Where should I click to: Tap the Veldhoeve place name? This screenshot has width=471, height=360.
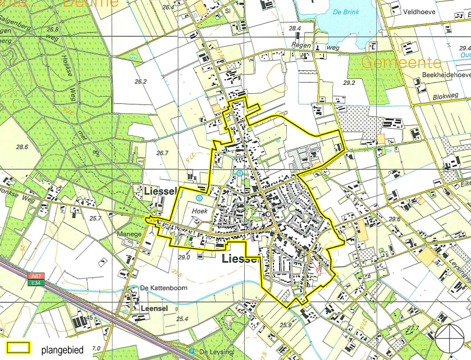coord(420,10)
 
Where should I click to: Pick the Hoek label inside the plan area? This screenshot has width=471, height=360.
coord(200,211)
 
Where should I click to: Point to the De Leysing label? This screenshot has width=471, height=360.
coord(214,352)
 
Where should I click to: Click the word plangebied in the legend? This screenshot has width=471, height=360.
coord(62,350)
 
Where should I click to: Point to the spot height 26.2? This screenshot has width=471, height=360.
coord(140,81)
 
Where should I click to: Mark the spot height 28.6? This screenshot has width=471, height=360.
coord(22,147)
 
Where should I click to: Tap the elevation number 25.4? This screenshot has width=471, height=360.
coord(182,319)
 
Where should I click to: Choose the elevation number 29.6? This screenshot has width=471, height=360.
coord(394,219)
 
